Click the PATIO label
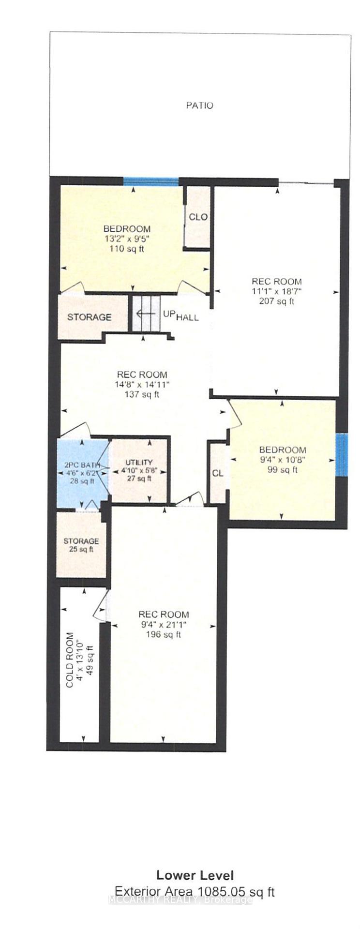pyautogui.click(x=200, y=105)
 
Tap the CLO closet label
pyautogui.click(x=198, y=217)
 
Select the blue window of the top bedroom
pyautogui.click(x=151, y=181)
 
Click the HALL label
pyautogui.click(x=187, y=318)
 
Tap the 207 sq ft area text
pyautogui.click(x=276, y=301)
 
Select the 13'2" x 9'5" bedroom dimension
pyautogui.click(x=127, y=239)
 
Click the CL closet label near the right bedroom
pyautogui.click(x=218, y=473)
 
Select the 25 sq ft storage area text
pyautogui.click(x=81, y=549)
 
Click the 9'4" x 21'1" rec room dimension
pyautogui.click(x=163, y=625)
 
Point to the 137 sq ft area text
pyautogui.click(x=142, y=394)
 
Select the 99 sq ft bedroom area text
pyautogui.click(x=282, y=469)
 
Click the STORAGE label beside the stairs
pyautogui.click(x=89, y=317)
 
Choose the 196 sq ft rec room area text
pyautogui.click(x=163, y=634)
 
